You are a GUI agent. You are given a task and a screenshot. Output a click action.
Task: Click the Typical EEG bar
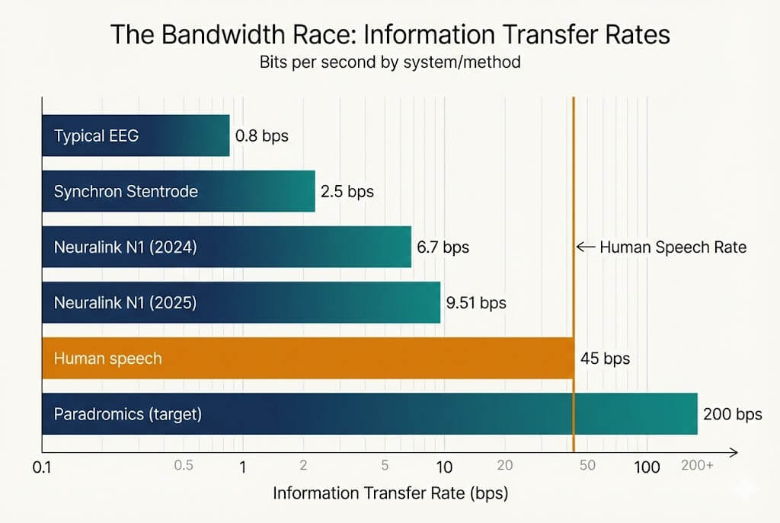point(136,136)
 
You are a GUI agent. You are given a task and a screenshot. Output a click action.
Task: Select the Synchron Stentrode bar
point(178,191)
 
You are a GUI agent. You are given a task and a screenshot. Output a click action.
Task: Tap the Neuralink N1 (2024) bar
point(226,247)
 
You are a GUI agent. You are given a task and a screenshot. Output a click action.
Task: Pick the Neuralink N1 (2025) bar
point(241,302)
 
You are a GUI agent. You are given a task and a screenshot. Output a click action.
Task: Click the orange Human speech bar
point(308,358)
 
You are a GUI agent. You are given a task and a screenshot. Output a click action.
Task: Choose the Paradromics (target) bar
point(369,414)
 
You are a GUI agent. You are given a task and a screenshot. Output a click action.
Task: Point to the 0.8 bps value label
point(262,136)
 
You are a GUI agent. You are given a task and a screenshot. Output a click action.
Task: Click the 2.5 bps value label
point(347,192)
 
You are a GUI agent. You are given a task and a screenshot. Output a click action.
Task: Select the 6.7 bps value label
point(443,247)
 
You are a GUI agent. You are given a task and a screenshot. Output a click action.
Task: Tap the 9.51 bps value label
point(476,303)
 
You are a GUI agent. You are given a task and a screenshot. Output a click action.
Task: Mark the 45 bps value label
point(605,359)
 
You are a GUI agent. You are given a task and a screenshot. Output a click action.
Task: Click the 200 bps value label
point(732,415)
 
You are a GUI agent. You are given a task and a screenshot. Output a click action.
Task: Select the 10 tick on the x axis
point(443,467)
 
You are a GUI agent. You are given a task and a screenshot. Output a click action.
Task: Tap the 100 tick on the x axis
point(647,467)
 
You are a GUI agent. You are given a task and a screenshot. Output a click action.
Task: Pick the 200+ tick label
point(696,467)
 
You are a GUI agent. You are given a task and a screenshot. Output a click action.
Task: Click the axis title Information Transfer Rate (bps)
point(390,493)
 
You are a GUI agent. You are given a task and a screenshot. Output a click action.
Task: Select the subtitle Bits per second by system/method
point(390,62)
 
